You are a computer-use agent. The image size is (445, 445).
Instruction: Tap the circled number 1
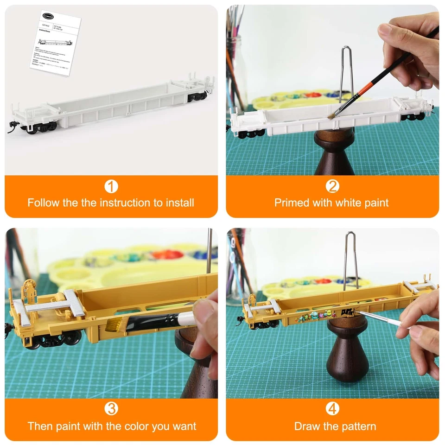[x=111, y=186]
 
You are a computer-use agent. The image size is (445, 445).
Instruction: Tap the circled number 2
[x=332, y=186]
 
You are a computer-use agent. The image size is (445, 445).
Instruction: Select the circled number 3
[x=111, y=409]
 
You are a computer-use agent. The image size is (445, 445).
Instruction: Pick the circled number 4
[x=332, y=409]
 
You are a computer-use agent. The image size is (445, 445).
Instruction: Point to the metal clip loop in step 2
[x=346, y=70]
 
